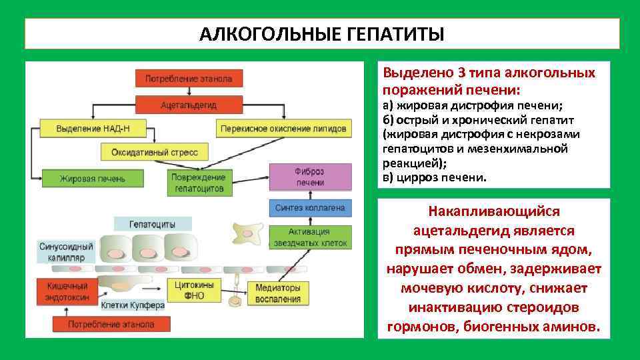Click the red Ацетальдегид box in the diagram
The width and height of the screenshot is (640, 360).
coord(189,105)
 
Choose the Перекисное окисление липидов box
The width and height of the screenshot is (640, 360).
coord(283,129)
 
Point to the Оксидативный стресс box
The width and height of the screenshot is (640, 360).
coord(154,152)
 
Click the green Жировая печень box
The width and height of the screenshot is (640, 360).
coord(92,179)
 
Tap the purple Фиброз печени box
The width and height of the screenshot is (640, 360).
coord(309,177)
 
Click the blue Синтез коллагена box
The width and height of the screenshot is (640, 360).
coord(309,208)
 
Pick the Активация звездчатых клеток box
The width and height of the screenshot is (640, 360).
coord(309,237)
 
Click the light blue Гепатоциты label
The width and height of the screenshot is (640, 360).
coord(153,224)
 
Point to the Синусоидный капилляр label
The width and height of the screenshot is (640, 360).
coord(66,251)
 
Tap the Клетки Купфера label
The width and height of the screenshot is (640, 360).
coord(132,305)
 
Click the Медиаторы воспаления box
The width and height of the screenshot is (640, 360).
coord(278,293)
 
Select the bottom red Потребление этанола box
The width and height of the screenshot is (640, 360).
coord(111,324)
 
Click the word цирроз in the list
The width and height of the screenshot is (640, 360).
coord(414,178)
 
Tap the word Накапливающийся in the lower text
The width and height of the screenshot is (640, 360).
coord(494,211)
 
